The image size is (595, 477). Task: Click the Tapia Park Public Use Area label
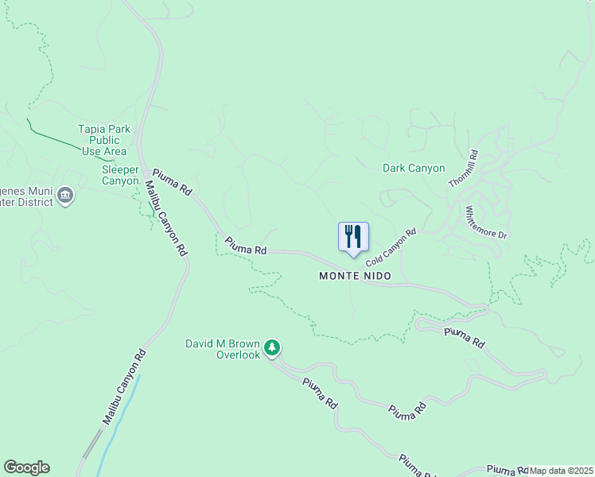point(103,140)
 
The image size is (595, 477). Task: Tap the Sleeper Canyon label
point(120,175)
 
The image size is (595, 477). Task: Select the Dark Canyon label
point(414,168)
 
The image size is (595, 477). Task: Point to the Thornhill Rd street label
point(462,169)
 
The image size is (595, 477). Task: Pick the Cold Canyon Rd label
point(391,248)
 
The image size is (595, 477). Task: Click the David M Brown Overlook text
point(223,349)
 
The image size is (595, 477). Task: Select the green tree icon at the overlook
point(273,347)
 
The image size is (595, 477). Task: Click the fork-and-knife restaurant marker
point(354,236)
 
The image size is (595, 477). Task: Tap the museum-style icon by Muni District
point(65,195)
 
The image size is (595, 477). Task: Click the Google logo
point(26,467)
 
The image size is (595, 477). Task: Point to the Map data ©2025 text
point(562,471)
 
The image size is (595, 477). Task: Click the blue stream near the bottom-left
point(119,421)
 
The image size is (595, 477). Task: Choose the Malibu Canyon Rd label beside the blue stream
point(124,387)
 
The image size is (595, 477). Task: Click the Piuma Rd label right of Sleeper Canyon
point(172,182)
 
